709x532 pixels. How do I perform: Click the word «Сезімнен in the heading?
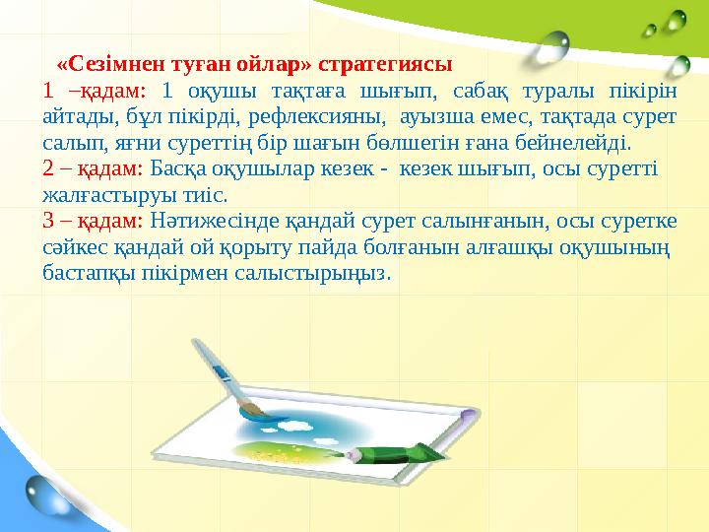[x=100, y=65]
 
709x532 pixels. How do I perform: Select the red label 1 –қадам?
[x=95, y=92]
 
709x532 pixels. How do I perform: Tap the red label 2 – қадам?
[x=95, y=168]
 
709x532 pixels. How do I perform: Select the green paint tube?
[x=394, y=453]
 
